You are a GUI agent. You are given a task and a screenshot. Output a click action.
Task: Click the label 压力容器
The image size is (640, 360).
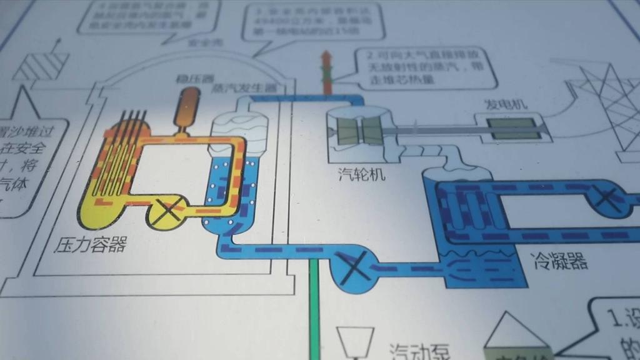pyautogui.click(x=91, y=244)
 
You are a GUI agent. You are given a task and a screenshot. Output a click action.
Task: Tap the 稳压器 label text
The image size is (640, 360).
pyautogui.click(x=191, y=81)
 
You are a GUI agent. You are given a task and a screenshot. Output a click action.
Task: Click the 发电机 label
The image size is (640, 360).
pyautogui.click(x=506, y=104)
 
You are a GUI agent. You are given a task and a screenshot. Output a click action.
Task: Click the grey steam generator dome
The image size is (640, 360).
pyautogui.click(x=239, y=122)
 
